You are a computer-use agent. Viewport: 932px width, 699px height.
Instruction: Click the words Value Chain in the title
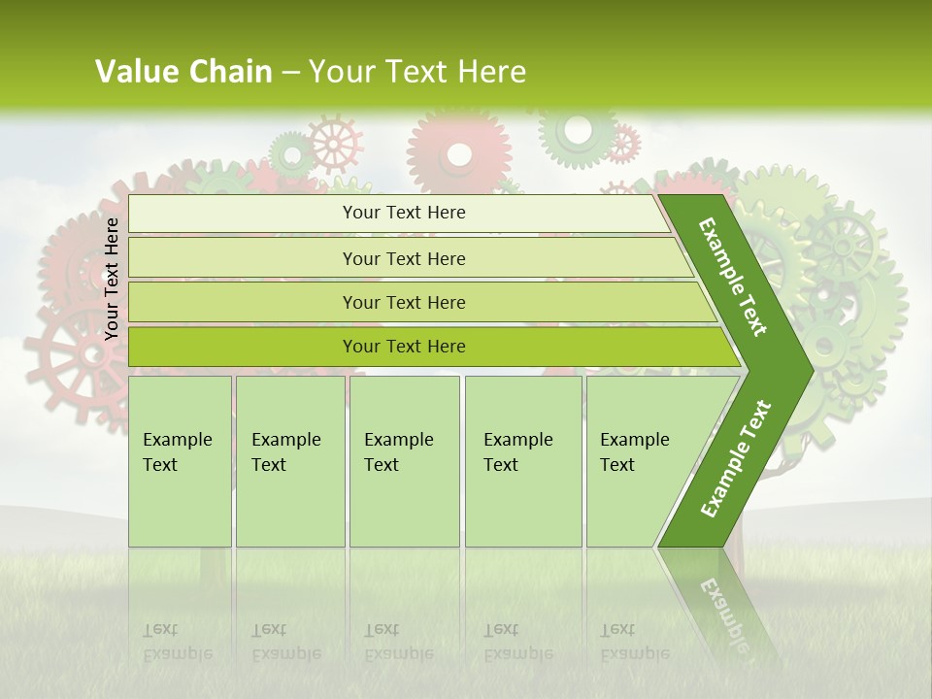point(183,72)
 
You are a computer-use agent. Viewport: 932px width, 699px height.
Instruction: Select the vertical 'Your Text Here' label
point(112,279)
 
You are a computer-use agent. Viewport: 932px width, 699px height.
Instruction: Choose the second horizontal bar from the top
point(404,258)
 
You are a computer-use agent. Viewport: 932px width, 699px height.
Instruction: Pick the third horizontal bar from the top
point(404,302)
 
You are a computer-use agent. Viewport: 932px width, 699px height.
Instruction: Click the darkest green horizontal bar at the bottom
point(404,347)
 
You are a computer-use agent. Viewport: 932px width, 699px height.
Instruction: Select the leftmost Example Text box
point(180,461)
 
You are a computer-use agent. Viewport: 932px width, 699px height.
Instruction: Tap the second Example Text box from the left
point(289,461)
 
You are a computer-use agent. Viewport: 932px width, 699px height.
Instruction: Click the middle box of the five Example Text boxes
point(404,461)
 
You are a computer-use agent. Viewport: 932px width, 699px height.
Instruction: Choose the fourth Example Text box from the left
point(522,461)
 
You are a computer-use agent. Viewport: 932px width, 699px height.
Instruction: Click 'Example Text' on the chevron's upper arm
point(733,277)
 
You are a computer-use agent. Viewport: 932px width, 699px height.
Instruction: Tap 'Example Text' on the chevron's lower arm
point(736,458)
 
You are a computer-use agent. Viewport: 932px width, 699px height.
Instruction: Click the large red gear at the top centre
point(459,150)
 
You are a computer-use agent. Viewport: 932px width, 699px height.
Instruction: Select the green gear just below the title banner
point(577,131)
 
